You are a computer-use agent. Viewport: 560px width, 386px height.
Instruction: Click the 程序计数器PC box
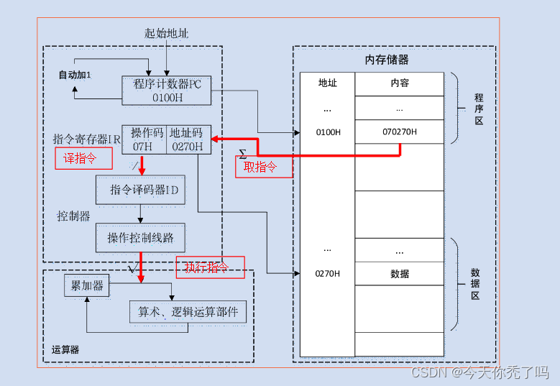167,91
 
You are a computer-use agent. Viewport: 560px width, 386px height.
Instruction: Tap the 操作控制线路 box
140,237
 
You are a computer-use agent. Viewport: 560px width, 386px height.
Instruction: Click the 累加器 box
87,286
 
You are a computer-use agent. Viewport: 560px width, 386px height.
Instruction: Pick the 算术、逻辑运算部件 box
188,313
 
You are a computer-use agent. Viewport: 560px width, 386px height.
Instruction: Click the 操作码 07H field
144,140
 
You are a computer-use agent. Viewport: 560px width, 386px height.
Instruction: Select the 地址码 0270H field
186,140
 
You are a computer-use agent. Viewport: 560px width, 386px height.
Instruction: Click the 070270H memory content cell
399,132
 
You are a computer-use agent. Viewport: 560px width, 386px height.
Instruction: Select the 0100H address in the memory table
327,132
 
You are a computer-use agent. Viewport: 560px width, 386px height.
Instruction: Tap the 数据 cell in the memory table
399,274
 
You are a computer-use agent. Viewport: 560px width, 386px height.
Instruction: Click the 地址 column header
327,83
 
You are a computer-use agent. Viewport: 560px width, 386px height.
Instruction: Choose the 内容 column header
399,83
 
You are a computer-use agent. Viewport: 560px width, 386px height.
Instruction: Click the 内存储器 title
387,60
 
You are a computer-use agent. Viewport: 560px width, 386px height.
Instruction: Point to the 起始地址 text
166,34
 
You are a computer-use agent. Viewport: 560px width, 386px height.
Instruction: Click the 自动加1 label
75,75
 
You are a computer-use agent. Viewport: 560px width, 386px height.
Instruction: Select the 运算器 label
65,350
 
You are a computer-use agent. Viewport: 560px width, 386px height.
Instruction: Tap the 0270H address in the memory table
327,274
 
